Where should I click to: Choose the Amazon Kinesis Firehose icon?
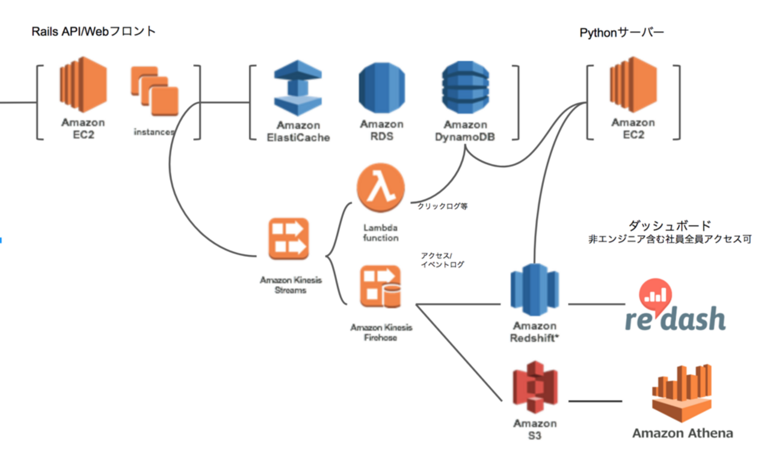tap(381, 287)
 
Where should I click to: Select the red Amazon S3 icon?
tap(535, 386)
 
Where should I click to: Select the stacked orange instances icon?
tap(155, 91)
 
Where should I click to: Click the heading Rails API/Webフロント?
tap(94, 31)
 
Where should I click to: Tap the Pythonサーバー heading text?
tap(622, 33)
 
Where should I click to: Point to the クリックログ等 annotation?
tap(443, 206)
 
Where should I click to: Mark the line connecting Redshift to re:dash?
tap(595, 304)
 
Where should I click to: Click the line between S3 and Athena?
tap(595, 401)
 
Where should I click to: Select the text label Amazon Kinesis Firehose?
tap(381, 332)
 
